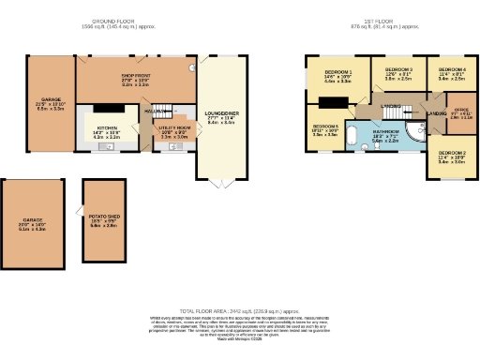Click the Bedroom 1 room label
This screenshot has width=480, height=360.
(337, 72)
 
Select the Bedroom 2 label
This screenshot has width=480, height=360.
(452, 152)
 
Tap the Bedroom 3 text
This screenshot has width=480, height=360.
(398, 70)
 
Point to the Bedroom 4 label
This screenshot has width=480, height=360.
(452, 70)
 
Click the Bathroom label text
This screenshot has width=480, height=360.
(385, 131)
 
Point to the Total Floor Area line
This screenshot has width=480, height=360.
(240, 310)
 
